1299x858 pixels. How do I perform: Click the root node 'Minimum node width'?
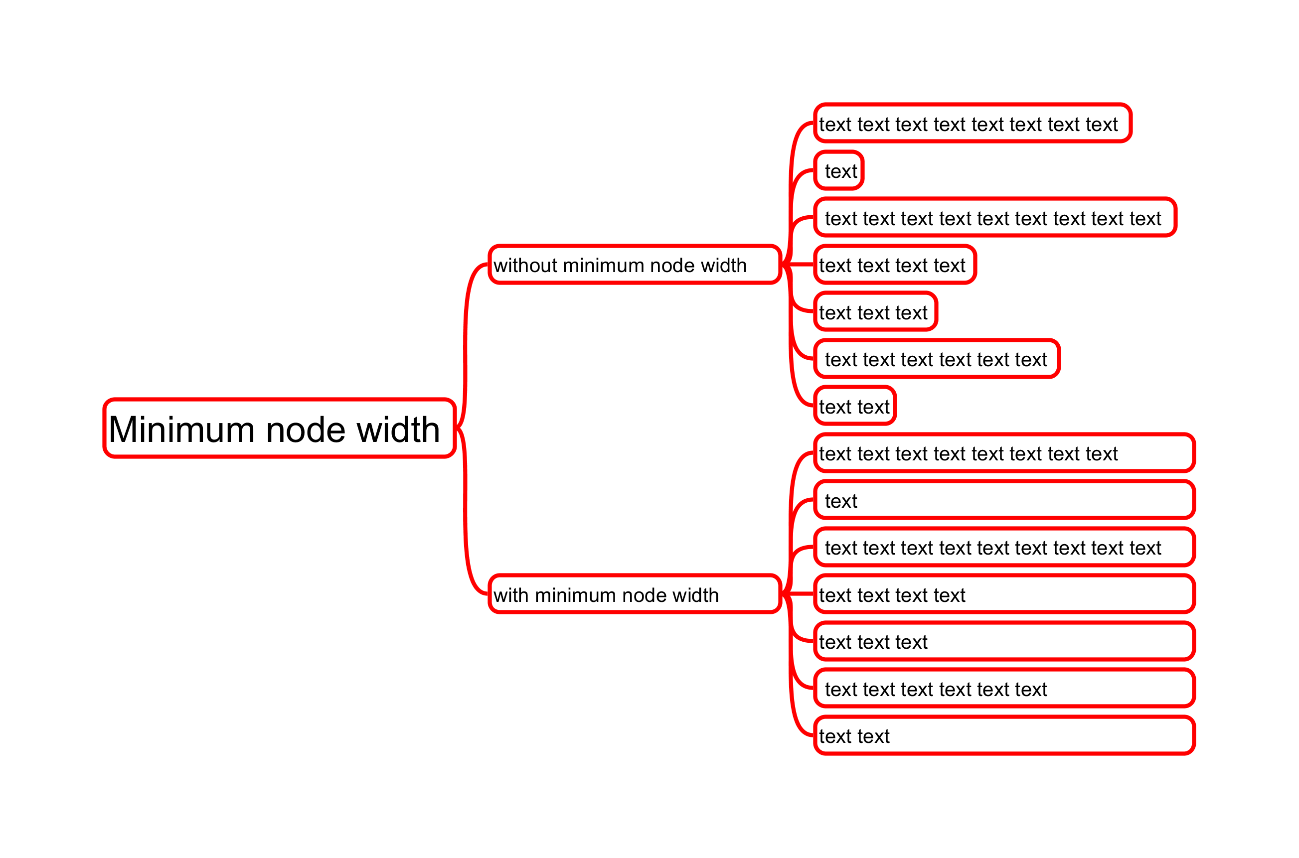pos(279,429)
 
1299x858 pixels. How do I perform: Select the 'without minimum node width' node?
pos(635,265)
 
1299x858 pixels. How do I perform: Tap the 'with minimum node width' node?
pos(635,595)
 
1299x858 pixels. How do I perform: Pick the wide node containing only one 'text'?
pos(1004,500)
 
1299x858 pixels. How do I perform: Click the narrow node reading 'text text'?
pos(854,406)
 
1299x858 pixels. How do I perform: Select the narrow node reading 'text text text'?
pos(875,312)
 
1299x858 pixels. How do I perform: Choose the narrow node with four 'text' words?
pos(894,265)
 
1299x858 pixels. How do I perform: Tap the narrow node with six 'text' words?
pos(937,359)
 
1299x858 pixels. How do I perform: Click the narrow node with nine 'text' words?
pos(994,218)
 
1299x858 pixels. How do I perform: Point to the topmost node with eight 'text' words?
pos(972,124)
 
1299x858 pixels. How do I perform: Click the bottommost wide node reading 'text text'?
pos(1004,736)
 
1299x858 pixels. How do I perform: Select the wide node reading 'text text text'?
pos(1004,642)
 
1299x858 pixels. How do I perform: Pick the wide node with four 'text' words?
pos(1004,595)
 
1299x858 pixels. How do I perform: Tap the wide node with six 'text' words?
pos(1004,689)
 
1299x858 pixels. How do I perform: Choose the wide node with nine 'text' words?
pos(1004,548)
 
